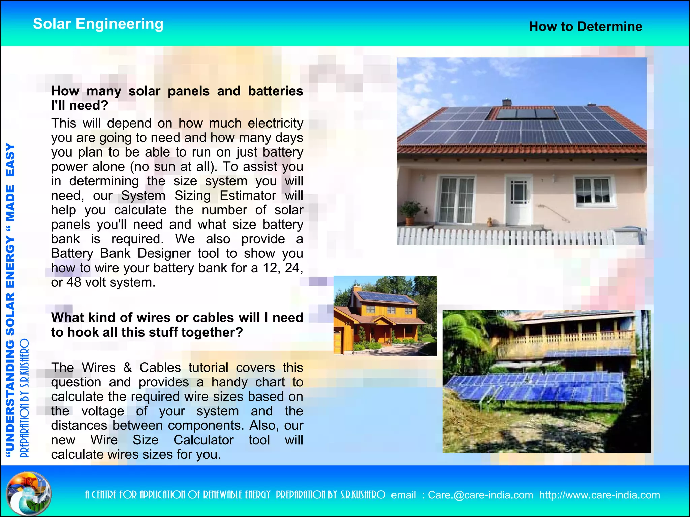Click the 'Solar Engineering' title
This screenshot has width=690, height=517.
(98, 24)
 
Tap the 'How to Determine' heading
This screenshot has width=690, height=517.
(586, 26)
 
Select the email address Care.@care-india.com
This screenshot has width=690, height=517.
(480, 495)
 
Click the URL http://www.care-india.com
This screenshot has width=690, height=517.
(599, 495)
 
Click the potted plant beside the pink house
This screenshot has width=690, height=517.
(410, 212)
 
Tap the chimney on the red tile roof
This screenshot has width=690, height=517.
(506, 102)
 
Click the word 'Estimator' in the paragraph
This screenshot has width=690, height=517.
(248, 196)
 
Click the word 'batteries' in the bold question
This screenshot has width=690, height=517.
(275, 91)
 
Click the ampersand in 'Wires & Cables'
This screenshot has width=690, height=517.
(127, 368)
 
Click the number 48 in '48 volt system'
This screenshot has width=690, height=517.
(74, 282)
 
